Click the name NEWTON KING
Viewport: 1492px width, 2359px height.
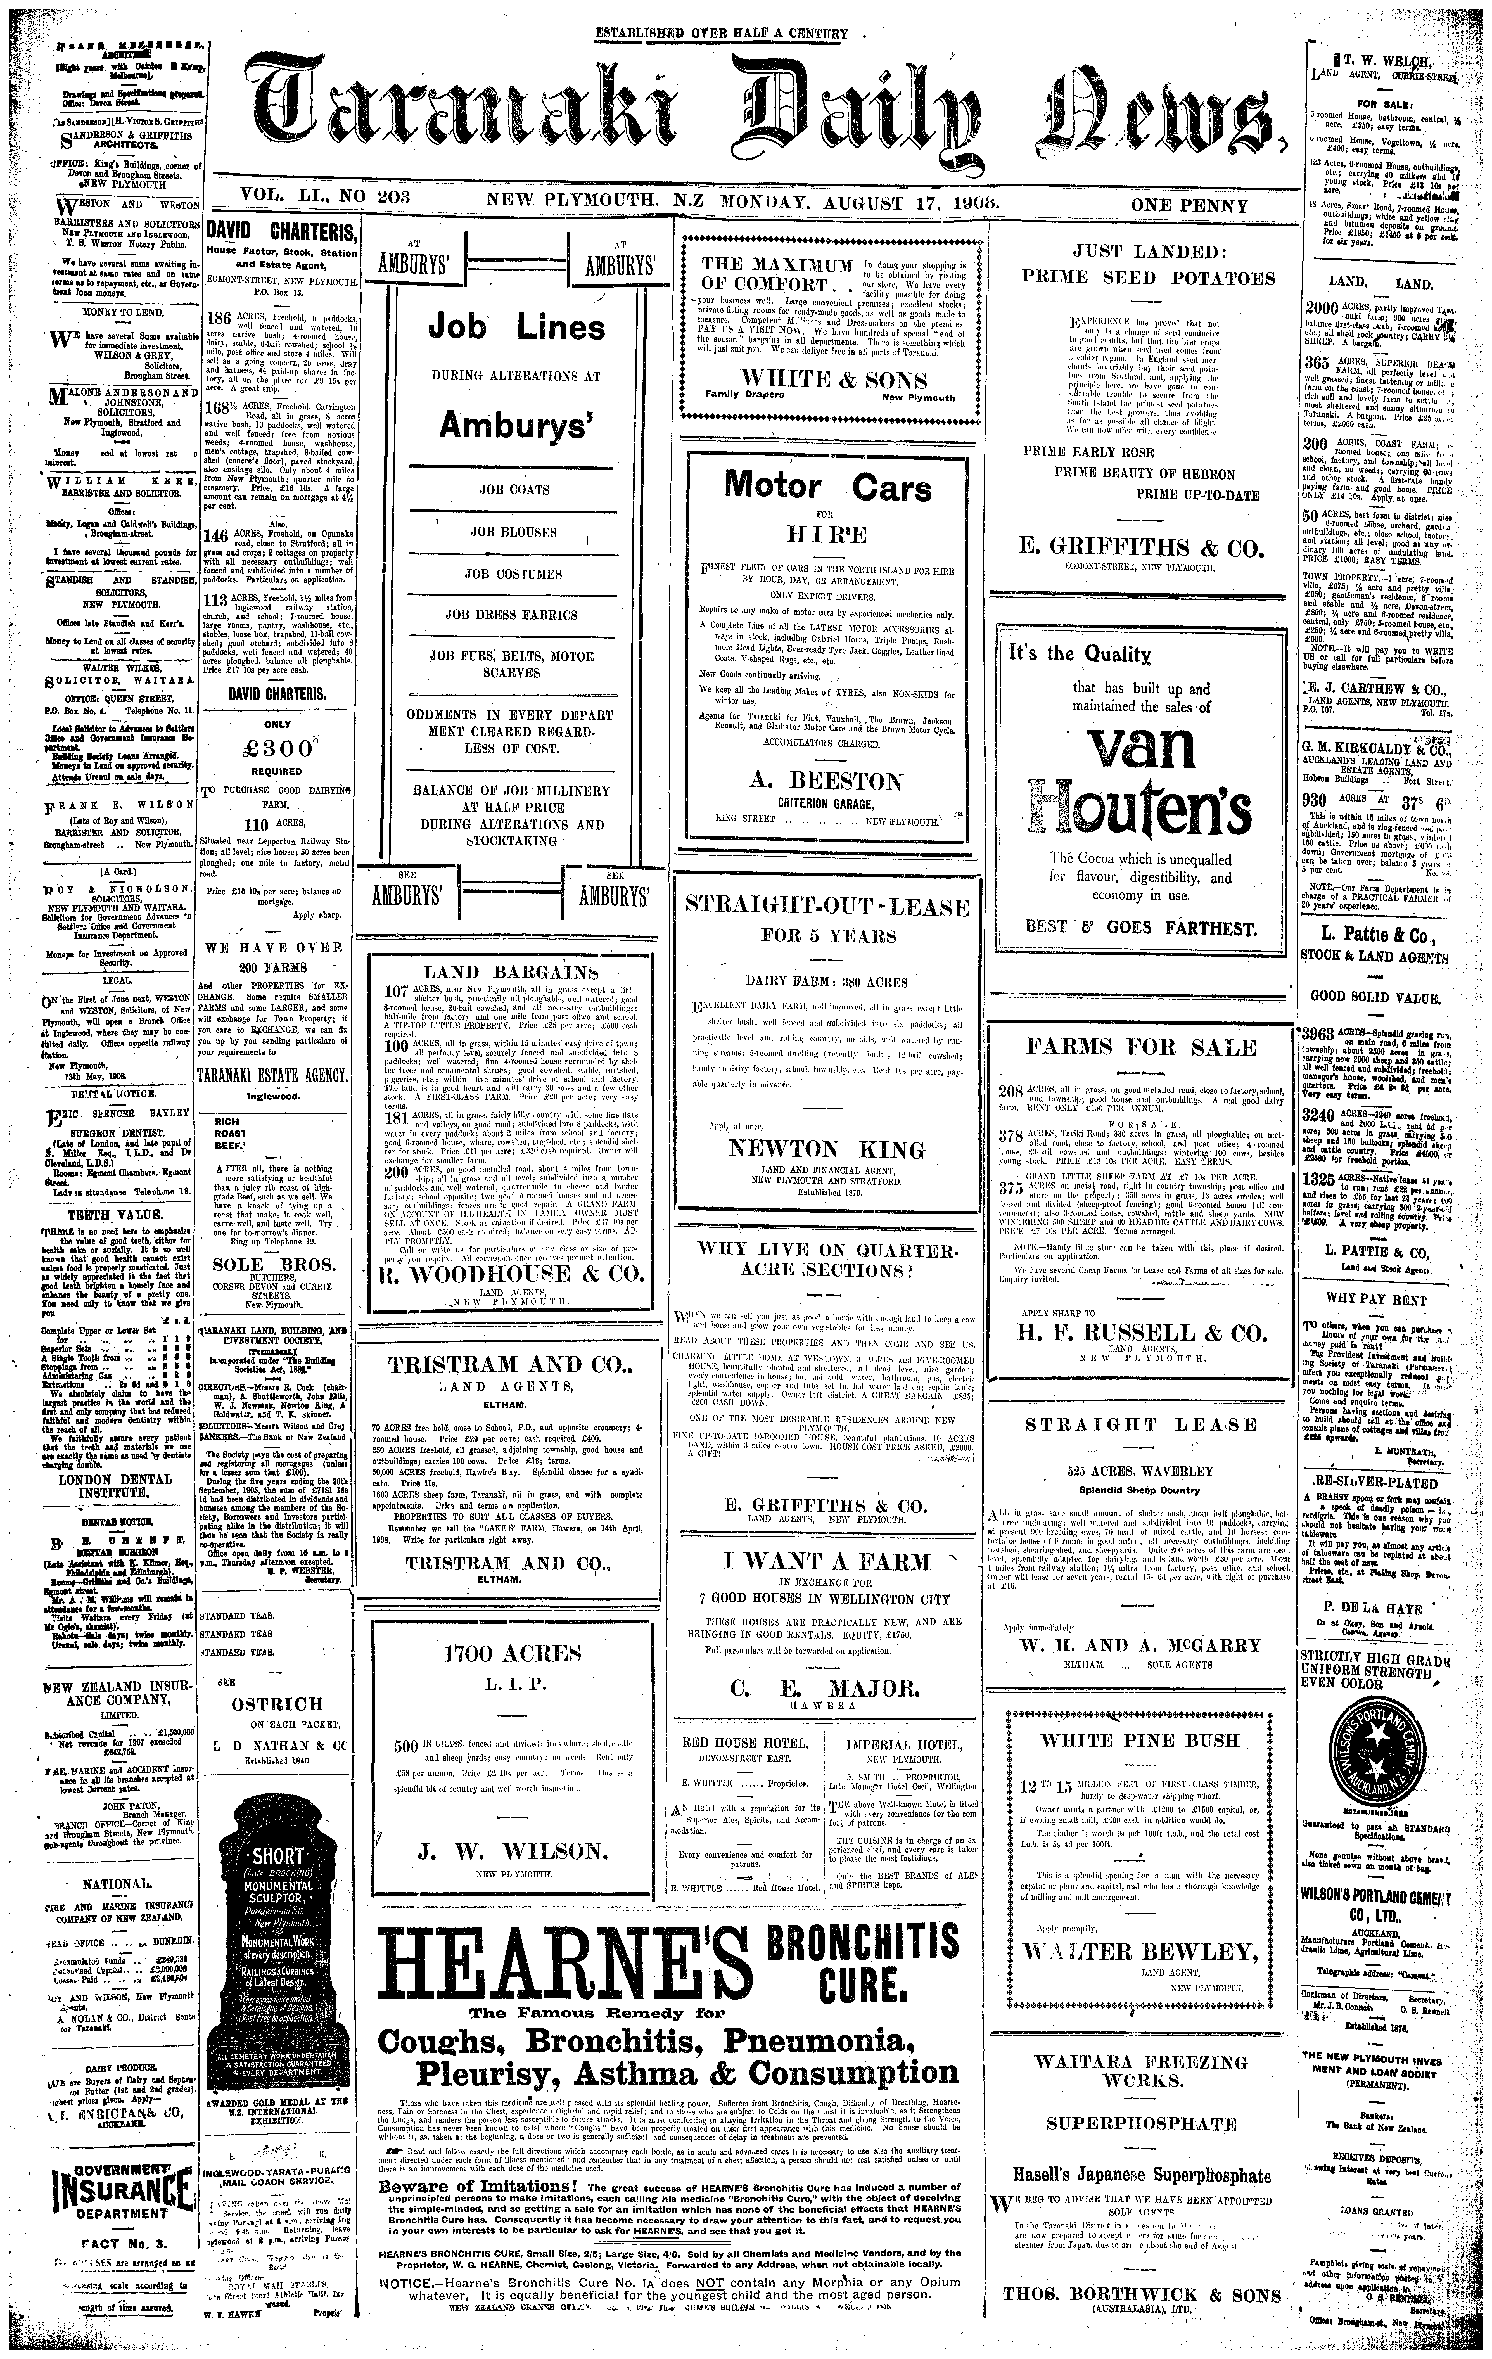[828, 1149]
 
